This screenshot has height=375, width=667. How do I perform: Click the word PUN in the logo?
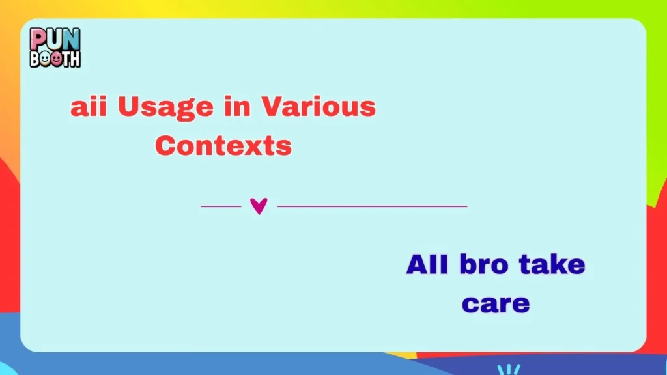pyautogui.click(x=55, y=40)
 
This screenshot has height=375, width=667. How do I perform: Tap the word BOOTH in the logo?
pyautogui.click(x=55, y=59)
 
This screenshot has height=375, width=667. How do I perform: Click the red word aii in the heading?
pyautogui.click(x=89, y=107)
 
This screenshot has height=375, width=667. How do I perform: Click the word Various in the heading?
pyautogui.click(x=319, y=107)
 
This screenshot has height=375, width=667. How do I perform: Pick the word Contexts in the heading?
pyautogui.click(x=223, y=145)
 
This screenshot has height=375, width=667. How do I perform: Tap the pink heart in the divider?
pyautogui.click(x=259, y=206)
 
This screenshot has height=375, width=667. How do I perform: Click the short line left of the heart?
pyautogui.click(x=221, y=206)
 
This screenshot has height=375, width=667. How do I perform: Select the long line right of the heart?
pyautogui.click(x=372, y=206)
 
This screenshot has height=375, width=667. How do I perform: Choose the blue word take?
pyautogui.click(x=552, y=265)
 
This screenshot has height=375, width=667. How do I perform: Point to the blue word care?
pyautogui.click(x=496, y=304)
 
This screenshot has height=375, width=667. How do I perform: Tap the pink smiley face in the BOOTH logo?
pyautogui.click(x=57, y=59)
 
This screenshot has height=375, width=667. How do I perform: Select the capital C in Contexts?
pyautogui.click(x=167, y=145)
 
